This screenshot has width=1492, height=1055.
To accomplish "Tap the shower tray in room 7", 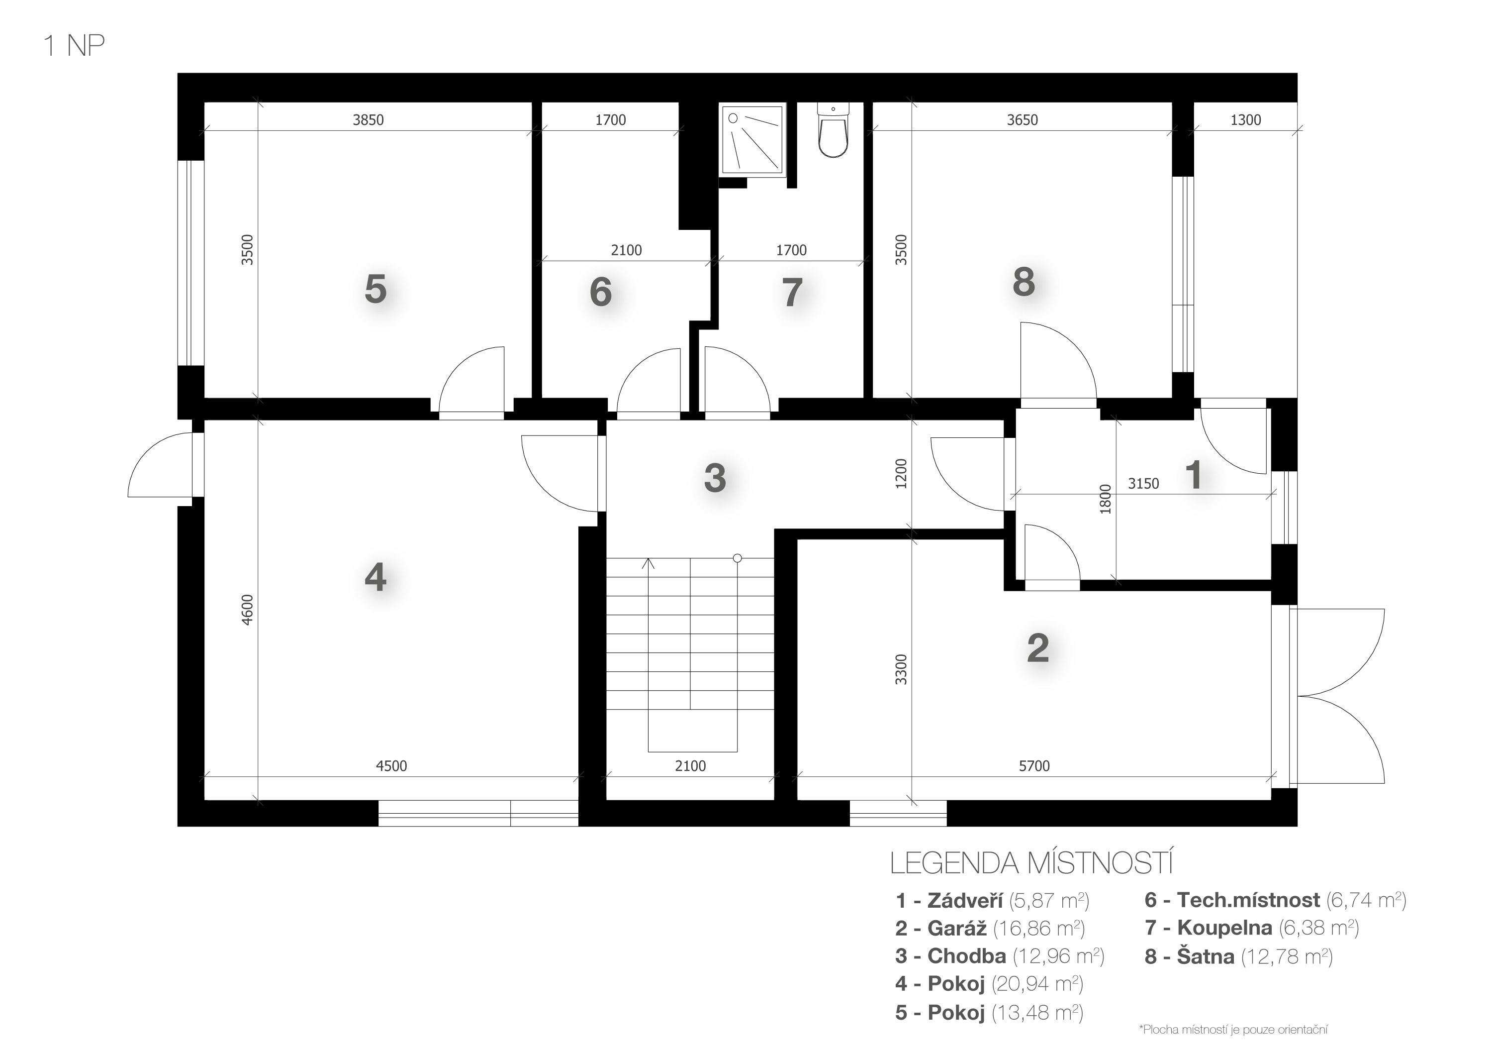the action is coord(753,139).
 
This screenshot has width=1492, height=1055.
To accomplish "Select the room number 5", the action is coord(375,289).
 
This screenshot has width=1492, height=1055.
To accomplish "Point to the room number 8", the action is coord(1024,282).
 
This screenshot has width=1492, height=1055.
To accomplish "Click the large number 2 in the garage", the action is coord(1038,647).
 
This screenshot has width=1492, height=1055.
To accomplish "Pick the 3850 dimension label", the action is coord(369,119).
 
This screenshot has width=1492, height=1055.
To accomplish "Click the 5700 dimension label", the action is coord(1034,766).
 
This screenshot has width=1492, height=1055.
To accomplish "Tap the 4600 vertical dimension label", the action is coord(247,610).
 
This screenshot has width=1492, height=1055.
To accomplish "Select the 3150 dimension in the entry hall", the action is coord(1143,484).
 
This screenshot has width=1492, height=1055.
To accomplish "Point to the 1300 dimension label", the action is coord(1246,119).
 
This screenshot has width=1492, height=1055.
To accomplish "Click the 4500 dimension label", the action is coord(391,766).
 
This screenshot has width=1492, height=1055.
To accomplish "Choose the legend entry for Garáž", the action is coord(990,928).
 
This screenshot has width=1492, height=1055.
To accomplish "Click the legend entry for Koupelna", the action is coord(1252,928).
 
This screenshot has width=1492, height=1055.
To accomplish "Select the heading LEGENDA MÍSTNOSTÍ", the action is coord(1031,862).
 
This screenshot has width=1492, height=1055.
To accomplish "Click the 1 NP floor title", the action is coord(74,45).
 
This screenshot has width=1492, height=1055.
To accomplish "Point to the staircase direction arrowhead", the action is coord(648,563).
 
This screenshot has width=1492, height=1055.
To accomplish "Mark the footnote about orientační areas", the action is coord(1233,1030).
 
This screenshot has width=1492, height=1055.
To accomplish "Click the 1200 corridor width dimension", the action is coord(901,474).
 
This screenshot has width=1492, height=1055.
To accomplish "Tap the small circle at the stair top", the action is coord(737,558).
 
